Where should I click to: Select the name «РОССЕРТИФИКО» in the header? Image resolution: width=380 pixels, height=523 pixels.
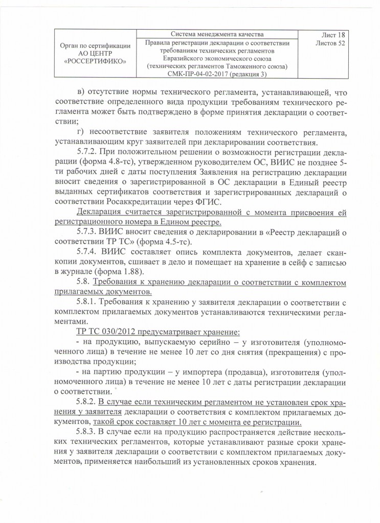tap(95, 62)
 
